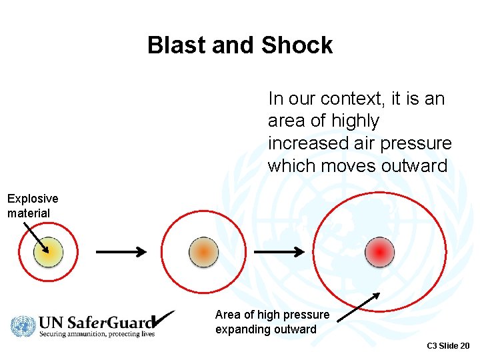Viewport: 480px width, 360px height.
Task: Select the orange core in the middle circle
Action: [x=203, y=252]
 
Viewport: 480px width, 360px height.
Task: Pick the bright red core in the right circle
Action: [x=379, y=252]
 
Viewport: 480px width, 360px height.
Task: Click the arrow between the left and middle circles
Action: [x=121, y=252]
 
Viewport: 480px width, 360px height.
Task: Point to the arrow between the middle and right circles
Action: [x=280, y=252]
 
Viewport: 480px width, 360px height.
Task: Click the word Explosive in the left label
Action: [x=33, y=199]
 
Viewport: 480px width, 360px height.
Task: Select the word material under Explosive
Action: [x=29, y=213]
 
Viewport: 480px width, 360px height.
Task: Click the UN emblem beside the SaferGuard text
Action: [x=22, y=326]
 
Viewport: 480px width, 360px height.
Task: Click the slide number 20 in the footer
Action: [x=464, y=345]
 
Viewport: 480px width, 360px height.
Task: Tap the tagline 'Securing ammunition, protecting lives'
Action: [x=97, y=333]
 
